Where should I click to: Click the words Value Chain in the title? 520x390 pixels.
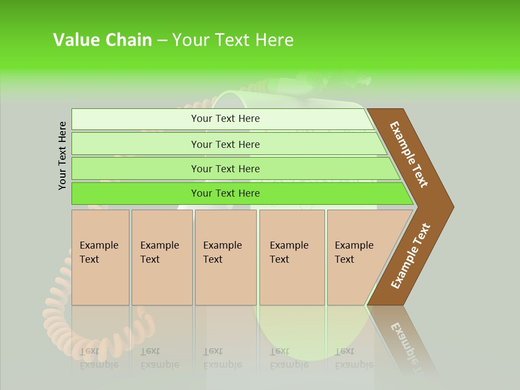click(x=102, y=40)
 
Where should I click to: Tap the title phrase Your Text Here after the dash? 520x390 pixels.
click(x=233, y=40)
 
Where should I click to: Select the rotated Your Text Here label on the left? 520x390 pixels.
click(x=63, y=155)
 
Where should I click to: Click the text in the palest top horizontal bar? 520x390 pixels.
click(x=225, y=119)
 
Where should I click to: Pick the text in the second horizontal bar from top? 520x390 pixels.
click(x=225, y=145)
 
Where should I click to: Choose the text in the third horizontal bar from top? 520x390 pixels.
click(x=225, y=169)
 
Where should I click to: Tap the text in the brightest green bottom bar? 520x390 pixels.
click(x=225, y=193)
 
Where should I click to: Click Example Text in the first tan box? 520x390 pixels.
click(x=99, y=252)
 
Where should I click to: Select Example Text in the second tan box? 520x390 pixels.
click(x=159, y=252)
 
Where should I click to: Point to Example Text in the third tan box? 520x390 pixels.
click(x=222, y=252)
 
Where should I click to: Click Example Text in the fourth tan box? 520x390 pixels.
click(x=289, y=252)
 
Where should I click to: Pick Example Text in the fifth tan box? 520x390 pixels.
click(x=354, y=252)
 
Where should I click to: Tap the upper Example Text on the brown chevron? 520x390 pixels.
click(x=409, y=154)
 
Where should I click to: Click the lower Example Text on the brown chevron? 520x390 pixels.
click(x=411, y=256)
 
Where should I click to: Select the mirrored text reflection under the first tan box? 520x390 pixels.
click(x=99, y=358)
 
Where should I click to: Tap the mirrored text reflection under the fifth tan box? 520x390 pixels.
click(x=354, y=358)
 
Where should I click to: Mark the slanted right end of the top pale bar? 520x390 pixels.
click(x=369, y=119)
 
